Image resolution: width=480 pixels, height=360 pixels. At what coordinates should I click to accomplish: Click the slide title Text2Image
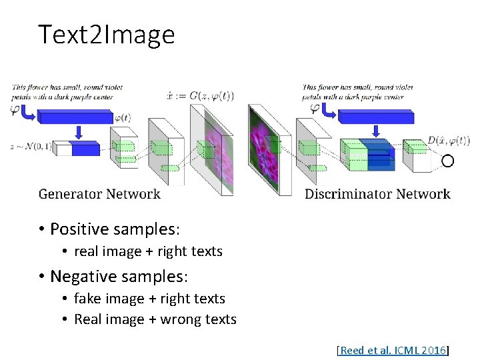click(x=107, y=35)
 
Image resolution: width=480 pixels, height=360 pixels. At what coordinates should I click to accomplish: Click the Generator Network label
click(x=99, y=194)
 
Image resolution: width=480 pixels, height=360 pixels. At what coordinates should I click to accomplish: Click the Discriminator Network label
click(x=377, y=194)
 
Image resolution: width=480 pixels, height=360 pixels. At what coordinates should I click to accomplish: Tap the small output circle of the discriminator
click(x=447, y=161)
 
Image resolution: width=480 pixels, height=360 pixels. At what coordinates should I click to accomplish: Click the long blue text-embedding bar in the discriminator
click(x=375, y=118)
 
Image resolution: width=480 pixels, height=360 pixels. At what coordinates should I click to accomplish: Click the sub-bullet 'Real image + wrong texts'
click(x=155, y=319)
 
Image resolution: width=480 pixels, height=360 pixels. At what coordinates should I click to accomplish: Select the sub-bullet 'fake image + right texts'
click(x=149, y=299)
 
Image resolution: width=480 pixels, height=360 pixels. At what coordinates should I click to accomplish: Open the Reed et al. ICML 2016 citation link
click(x=393, y=350)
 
